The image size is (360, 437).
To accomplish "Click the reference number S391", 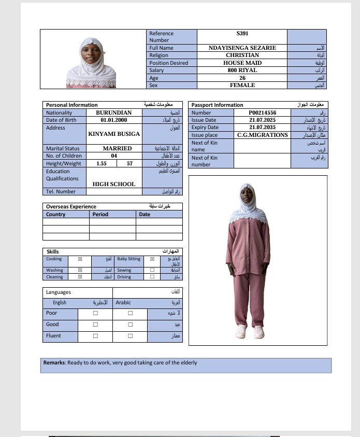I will (242, 33).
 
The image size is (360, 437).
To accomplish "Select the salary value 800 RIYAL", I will (242, 70).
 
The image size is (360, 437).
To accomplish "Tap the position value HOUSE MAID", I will (242, 63).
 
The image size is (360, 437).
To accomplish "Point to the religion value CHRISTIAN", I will (242, 55).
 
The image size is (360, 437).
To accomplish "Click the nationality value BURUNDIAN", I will (114, 112).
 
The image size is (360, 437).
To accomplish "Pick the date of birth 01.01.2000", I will (114, 120).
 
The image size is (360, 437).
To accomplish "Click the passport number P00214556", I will (262, 112).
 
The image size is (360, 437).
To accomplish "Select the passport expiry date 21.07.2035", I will (262, 127).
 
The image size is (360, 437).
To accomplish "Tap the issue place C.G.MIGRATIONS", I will (262, 135).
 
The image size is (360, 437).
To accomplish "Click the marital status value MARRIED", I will (117, 148).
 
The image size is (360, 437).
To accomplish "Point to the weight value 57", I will (129, 163).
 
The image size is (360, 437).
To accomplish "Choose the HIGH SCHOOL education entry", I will (114, 184).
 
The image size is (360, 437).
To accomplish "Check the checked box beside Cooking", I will (80, 259).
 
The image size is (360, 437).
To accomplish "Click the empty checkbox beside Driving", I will (152, 277).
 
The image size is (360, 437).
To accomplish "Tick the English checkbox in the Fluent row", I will (95, 336).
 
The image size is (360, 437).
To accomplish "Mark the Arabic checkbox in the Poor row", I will (131, 313).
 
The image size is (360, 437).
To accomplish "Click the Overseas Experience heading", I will (71, 207).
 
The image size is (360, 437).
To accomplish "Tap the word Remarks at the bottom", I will (54, 363).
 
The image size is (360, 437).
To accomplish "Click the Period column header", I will (100, 214).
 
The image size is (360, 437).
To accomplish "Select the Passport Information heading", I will (217, 105).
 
